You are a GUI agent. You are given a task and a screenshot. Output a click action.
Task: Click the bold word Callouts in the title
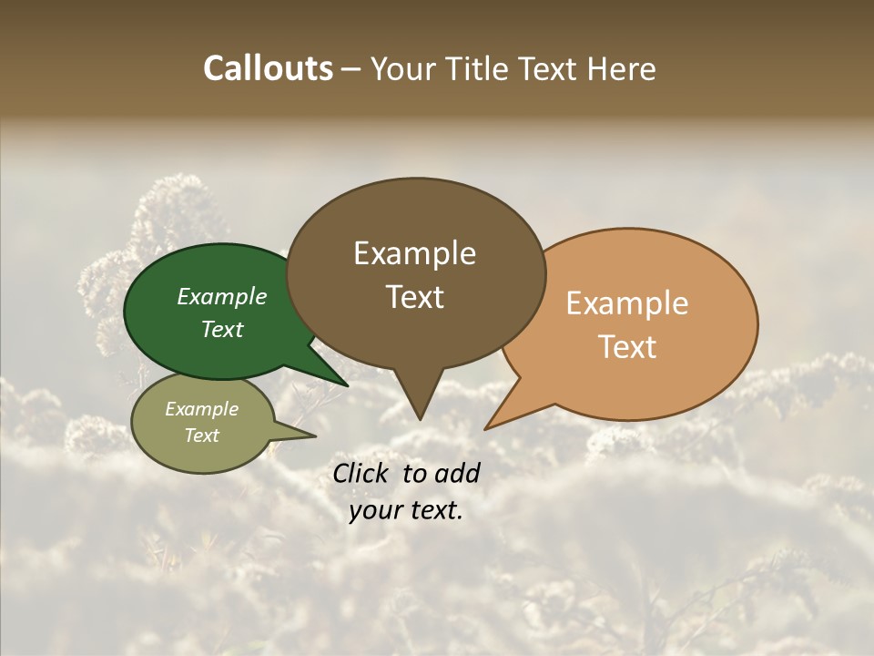pos(268,68)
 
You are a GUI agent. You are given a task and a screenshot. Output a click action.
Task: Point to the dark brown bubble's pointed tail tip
pos(419,418)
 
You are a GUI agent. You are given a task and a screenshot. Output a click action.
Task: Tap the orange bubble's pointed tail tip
pos(486,428)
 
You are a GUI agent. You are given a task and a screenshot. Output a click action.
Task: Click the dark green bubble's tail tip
pos(347,385)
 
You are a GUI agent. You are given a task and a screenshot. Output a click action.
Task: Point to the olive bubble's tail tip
pos(315,436)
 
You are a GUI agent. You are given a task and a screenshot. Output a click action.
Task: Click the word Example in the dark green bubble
pos(222,296)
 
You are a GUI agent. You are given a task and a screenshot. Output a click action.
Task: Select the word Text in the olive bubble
pos(202,436)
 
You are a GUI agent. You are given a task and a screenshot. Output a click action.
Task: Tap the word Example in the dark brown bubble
pos(414,253)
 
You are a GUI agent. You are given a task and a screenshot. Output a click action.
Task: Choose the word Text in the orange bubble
pos(628,347)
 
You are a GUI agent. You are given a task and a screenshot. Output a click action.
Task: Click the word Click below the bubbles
pos(363,473)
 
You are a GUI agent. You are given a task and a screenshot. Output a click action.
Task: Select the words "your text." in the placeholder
pos(406,510)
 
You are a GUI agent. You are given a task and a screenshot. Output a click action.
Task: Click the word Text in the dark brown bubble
pos(415,297)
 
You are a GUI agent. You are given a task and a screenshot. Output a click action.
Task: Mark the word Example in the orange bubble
pos(627,303)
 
